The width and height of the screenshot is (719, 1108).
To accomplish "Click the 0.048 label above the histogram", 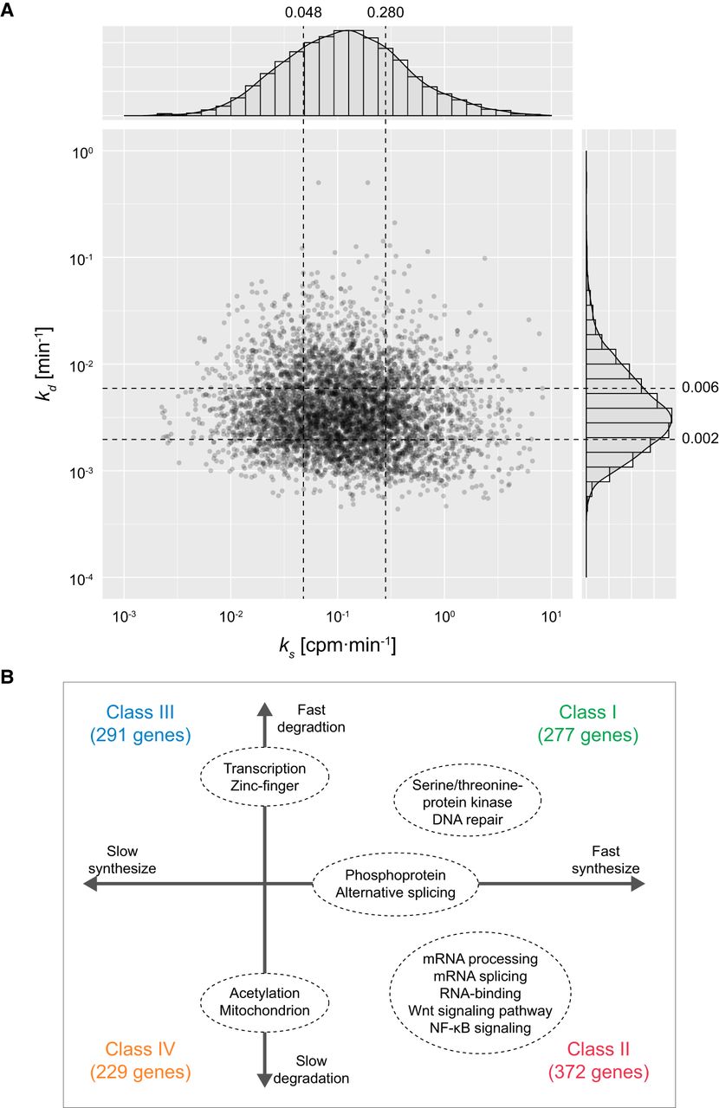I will tap(302, 13).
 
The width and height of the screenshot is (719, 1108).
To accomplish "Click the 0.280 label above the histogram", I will tap(385, 13).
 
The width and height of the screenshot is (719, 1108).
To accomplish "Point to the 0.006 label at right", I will tap(700, 387).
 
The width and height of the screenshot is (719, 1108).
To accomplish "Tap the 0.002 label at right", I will tap(700, 439).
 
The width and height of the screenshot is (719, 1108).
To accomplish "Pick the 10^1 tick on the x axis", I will tap(551, 615).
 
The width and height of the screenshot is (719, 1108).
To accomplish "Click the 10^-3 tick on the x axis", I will tap(125, 615).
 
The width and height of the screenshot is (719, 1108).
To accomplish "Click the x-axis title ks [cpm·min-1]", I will tap(338, 646).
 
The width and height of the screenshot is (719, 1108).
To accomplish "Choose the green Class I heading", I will tap(588, 712).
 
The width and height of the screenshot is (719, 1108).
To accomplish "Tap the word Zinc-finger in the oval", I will tap(264, 786).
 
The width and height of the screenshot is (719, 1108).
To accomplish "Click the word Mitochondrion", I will tap(264, 1009).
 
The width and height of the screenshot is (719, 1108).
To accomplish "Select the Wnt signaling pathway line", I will tap(481, 1011).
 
